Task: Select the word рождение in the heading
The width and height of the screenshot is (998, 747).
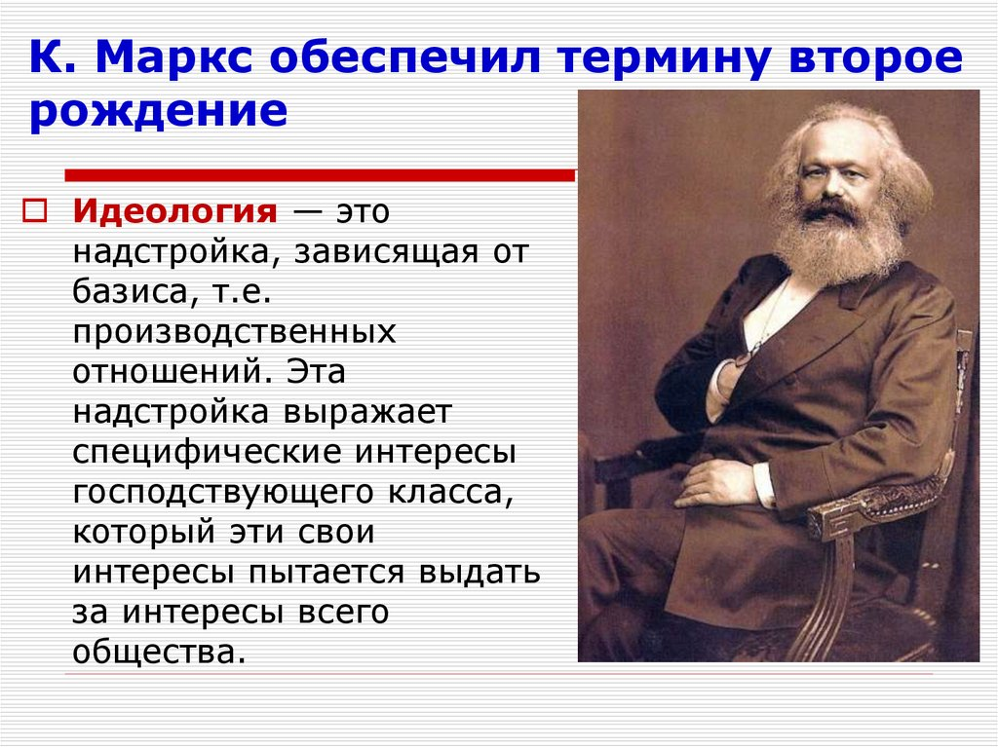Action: (158, 112)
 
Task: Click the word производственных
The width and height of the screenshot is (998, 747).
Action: (234, 331)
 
